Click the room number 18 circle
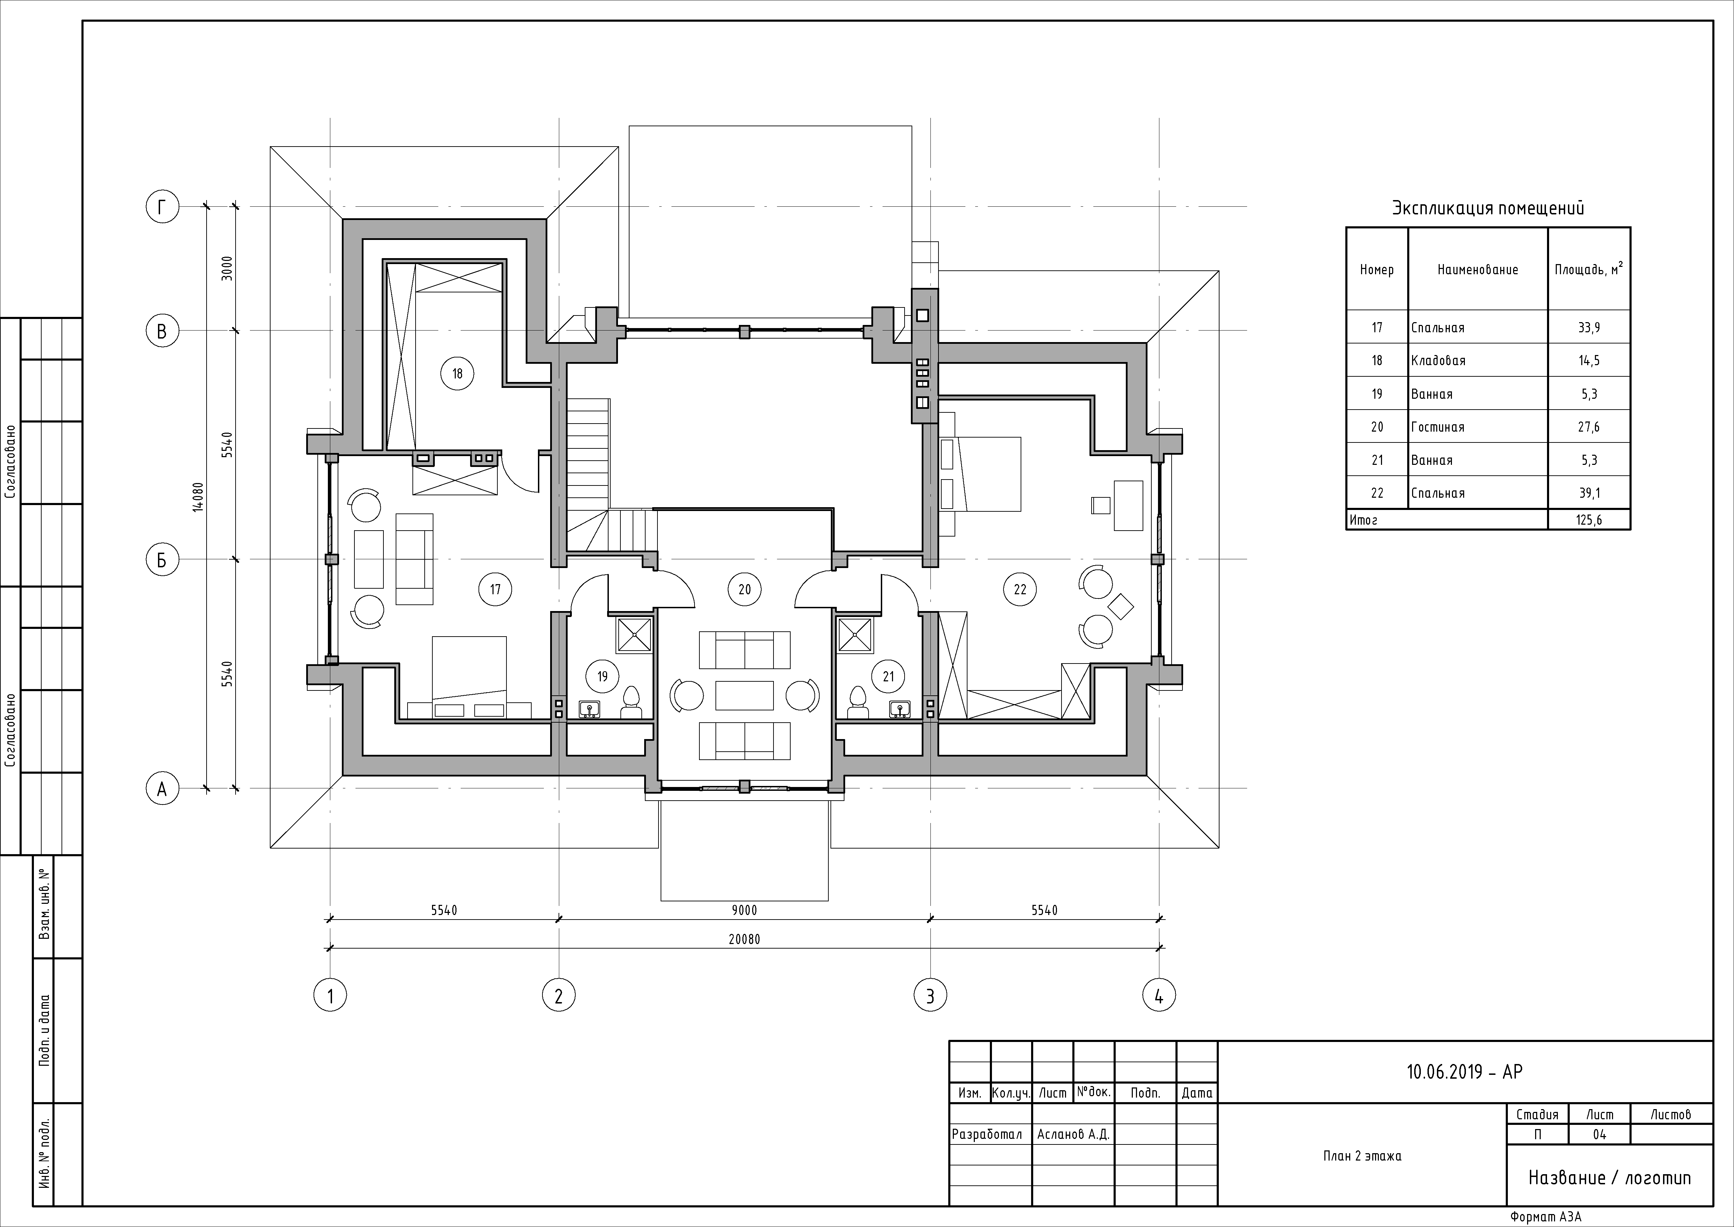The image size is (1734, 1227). coord(457,373)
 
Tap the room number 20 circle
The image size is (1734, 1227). coord(744,589)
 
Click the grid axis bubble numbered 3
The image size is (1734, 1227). coord(930,996)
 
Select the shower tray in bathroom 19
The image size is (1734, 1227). coord(635,634)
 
